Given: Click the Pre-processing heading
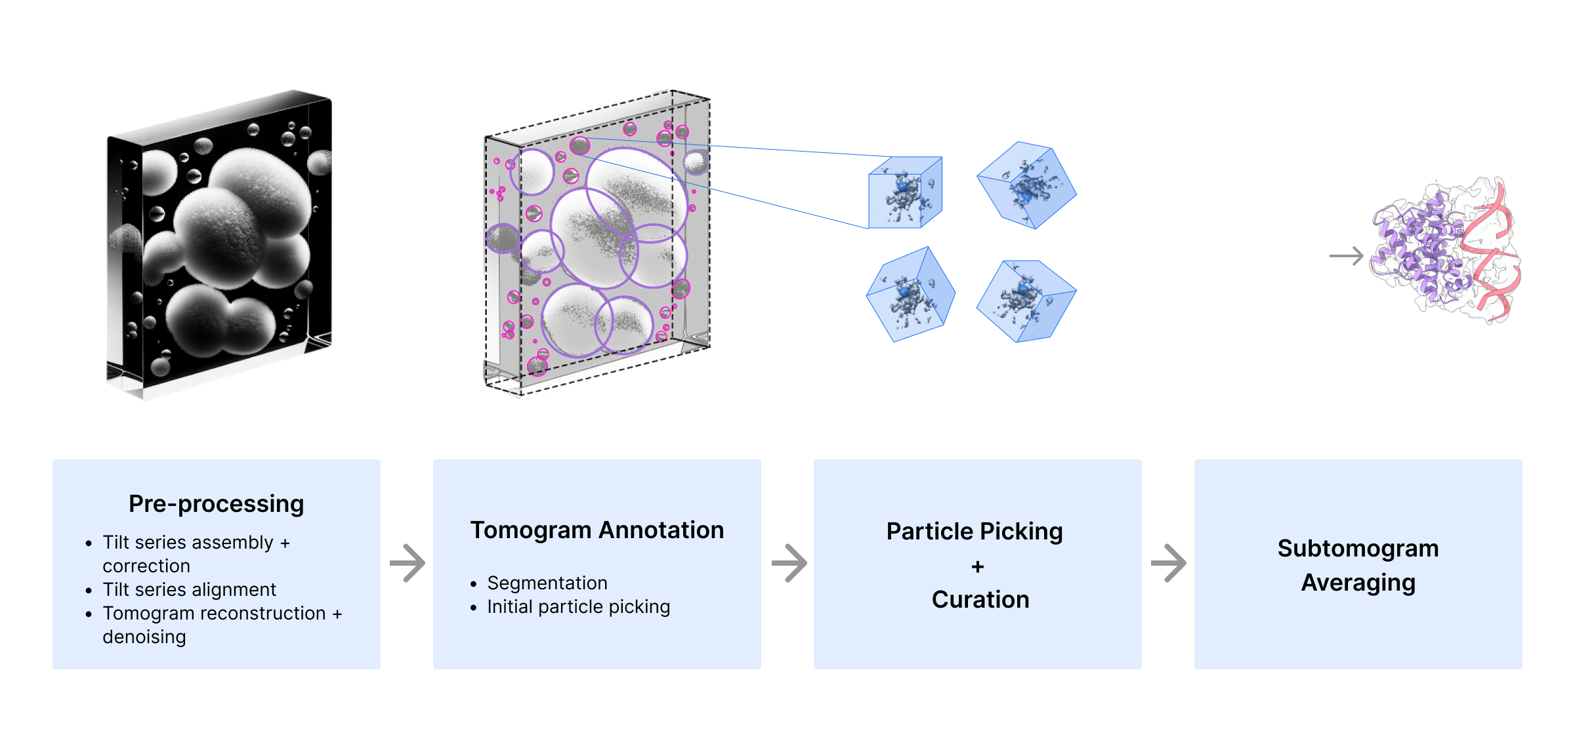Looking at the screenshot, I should coord(216,504).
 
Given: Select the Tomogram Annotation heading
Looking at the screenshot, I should coord(597,530).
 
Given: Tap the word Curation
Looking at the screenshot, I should coord(980,600).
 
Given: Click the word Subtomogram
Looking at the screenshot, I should coord(1358,549).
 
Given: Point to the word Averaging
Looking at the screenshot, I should coord(1358,583).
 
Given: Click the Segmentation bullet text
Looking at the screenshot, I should coord(547,583).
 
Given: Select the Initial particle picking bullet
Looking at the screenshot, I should coord(578,607).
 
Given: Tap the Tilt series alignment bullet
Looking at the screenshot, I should coord(189,589).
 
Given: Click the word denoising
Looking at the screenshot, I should coord(144,637).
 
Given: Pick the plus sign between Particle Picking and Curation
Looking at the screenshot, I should coord(978,566).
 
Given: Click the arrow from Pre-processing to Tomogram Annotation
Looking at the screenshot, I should coord(408,563).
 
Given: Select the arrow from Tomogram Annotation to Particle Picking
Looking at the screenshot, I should coord(789,563).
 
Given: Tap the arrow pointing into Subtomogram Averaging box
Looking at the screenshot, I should coord(1169,563).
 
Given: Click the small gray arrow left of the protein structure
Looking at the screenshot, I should coord(1346,255).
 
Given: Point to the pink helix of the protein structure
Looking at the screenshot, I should coord(1493,256).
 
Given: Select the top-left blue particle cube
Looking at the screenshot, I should coord(905,193).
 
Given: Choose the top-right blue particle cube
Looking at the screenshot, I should coord(1026,185).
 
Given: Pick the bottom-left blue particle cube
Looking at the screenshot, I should coord(910,295).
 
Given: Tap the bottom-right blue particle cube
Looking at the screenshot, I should coord(1026,301).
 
